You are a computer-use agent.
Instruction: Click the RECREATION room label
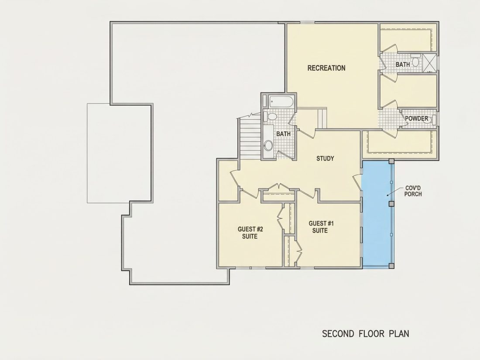click(326, 68)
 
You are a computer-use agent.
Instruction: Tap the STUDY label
click(325, 158)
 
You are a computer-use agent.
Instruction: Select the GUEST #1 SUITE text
click(321, 227)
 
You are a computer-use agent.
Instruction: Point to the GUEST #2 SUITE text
click(250, 233)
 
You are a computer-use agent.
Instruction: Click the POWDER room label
click(417, 118)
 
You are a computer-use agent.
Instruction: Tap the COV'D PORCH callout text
click(413, 191)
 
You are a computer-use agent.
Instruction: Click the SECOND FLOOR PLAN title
click(366, 333)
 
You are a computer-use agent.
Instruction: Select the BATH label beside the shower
click(403, 65)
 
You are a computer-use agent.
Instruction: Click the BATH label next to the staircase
click(283, 134)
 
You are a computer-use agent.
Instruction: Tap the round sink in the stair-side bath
click(268, 145)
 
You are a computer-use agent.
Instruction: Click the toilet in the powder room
click(430, 120)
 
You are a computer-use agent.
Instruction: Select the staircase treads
click(250, 138)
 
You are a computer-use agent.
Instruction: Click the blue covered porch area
click(377, 214)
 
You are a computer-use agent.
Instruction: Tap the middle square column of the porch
click(391, 204)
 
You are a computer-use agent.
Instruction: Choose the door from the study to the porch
click(357, 183)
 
